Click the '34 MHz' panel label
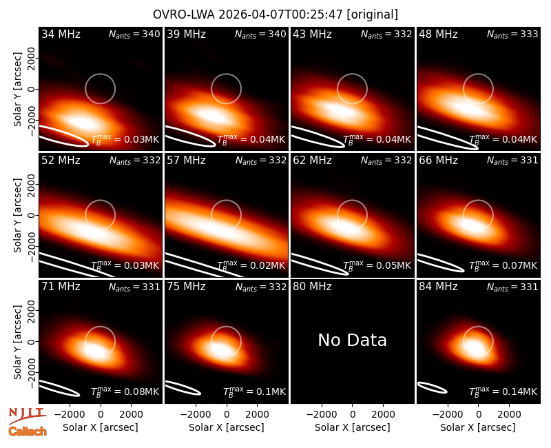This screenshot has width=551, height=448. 61,34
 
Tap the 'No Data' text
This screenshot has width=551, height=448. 352,340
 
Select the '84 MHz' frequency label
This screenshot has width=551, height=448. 438,287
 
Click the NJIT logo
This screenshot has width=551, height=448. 27,415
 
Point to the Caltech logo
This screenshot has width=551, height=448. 28,431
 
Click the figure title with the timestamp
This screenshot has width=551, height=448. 275,14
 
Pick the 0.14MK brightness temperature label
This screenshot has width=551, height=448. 503,391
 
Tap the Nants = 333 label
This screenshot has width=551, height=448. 512,34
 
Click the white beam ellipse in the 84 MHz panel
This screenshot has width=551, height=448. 433,387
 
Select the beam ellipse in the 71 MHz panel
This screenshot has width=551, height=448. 60,388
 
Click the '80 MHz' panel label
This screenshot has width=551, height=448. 312,287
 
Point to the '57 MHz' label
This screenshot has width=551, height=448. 186,161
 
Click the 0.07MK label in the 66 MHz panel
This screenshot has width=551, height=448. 503,265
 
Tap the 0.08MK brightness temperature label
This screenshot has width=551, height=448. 125,391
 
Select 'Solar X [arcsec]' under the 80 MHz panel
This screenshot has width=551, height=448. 353,427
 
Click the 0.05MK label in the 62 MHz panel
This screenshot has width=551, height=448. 377,265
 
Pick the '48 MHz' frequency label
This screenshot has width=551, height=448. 438,34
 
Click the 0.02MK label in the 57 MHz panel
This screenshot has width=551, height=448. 251,265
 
